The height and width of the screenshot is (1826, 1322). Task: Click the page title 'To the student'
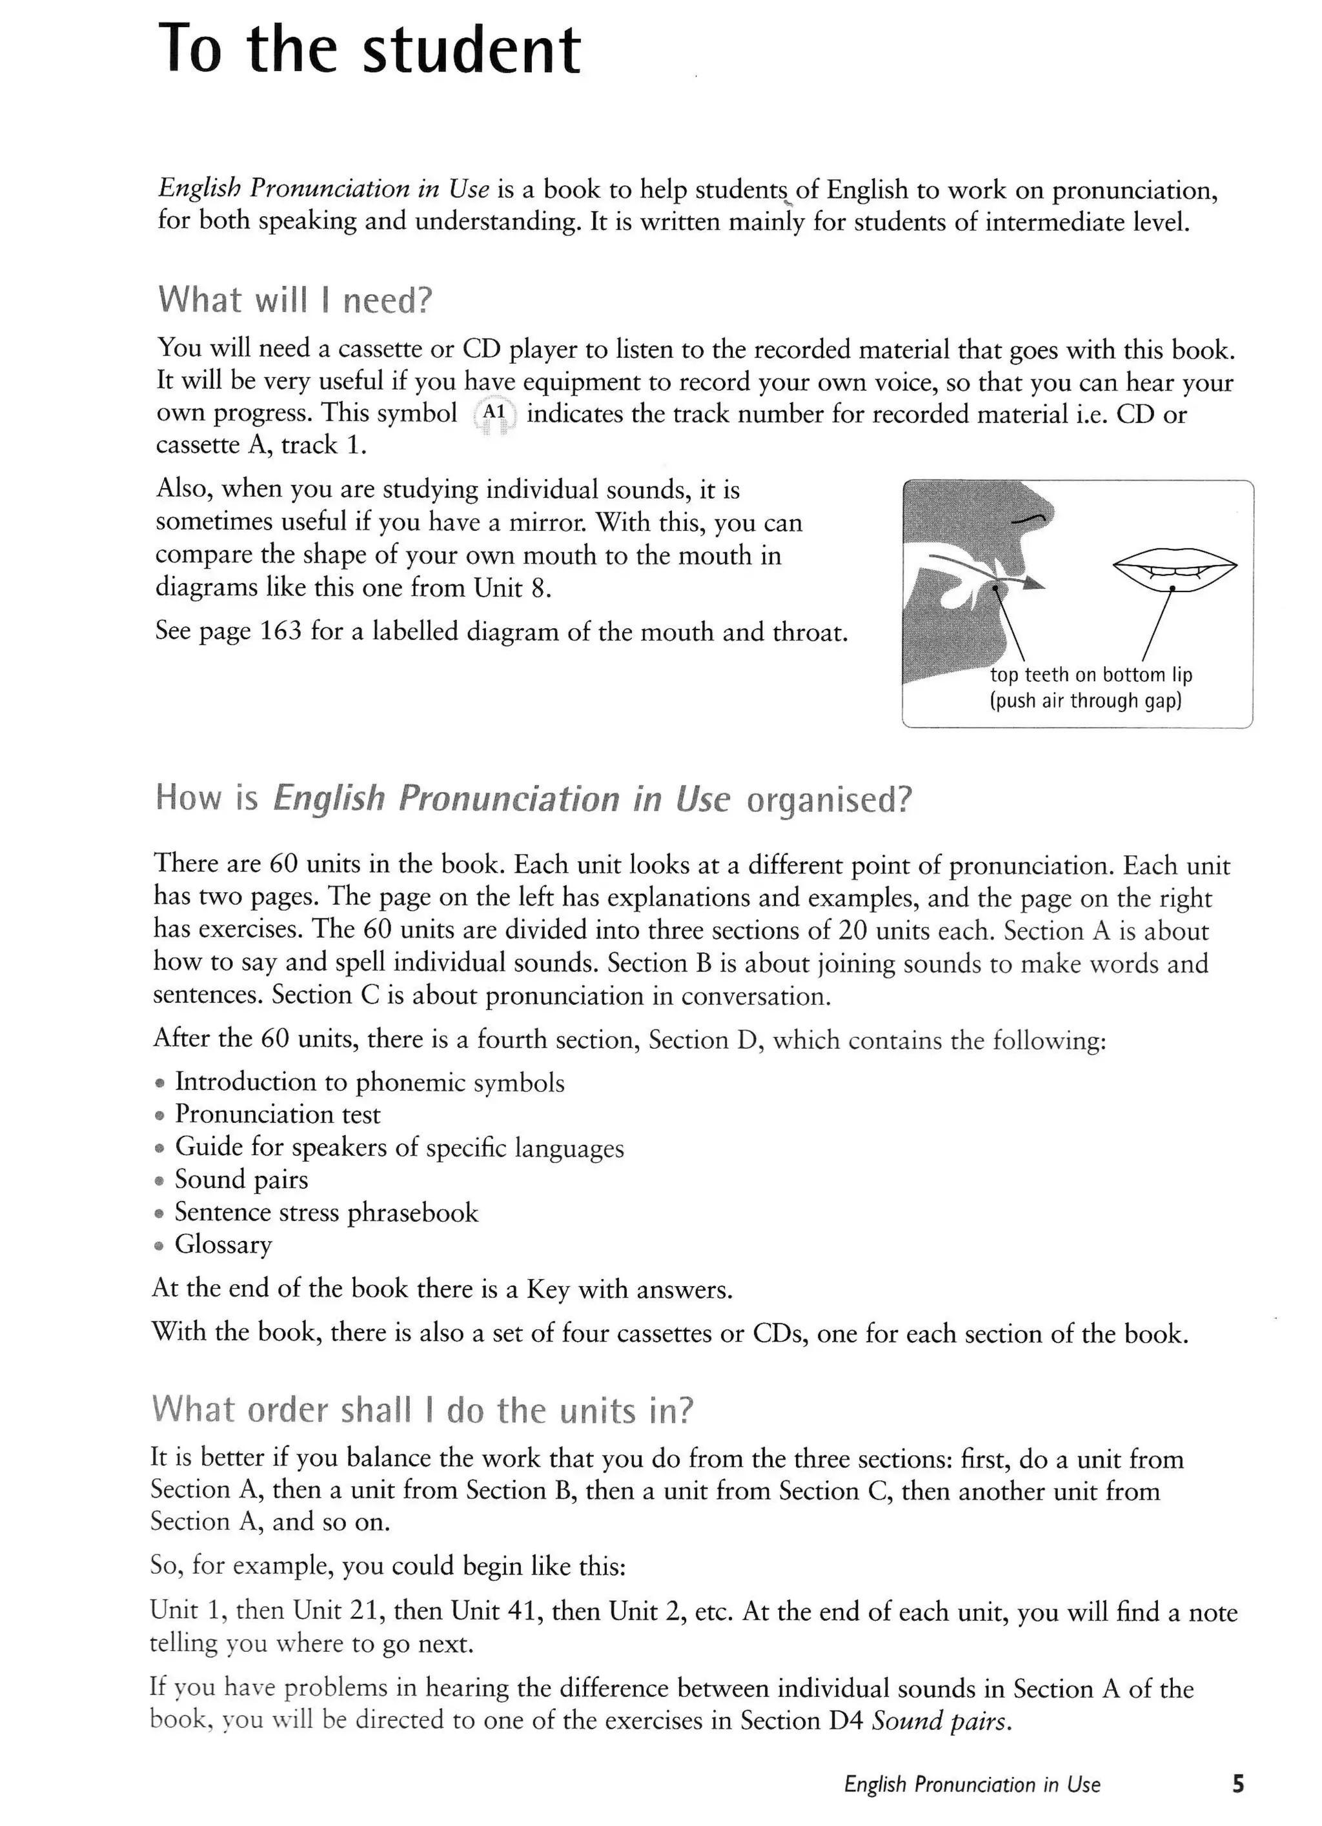369,50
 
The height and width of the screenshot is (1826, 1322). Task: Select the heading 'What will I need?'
295,301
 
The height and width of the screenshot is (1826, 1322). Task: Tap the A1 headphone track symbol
493,414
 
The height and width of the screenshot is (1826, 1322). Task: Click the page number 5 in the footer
1237,1784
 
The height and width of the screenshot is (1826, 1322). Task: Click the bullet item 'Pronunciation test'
277,1115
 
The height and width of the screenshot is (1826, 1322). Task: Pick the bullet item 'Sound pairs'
241,1180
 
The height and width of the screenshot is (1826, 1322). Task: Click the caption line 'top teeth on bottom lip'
1091,675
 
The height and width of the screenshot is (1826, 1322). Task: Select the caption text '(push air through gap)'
1085,700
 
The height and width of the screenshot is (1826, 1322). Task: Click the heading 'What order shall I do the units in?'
422,1411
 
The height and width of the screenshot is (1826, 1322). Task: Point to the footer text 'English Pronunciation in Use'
971,1785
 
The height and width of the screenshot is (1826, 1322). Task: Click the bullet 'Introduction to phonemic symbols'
370,1082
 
